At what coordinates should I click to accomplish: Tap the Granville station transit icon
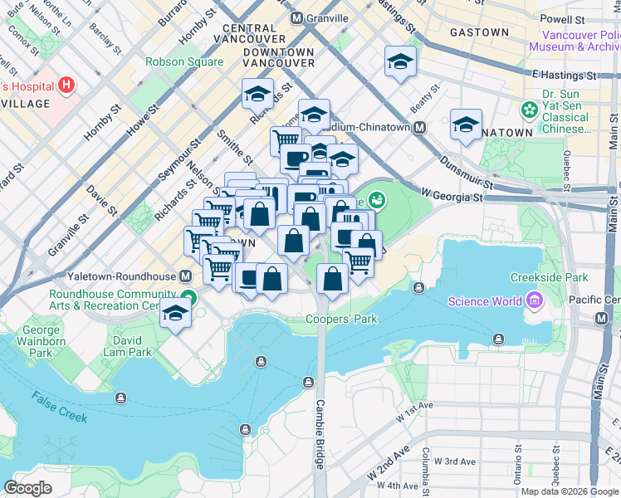(296, 18)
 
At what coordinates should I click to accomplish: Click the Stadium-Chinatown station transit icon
(420, 128)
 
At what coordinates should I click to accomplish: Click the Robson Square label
(183, 61)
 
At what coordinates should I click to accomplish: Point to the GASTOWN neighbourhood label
(478, 32)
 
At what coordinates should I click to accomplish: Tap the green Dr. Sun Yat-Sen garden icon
(528, 110)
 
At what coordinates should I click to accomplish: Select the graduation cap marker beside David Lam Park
(175, 314)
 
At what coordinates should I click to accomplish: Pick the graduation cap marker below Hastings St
(400, 62)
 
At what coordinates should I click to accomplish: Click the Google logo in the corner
(27, 488)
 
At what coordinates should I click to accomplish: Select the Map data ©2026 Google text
(570, 491)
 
